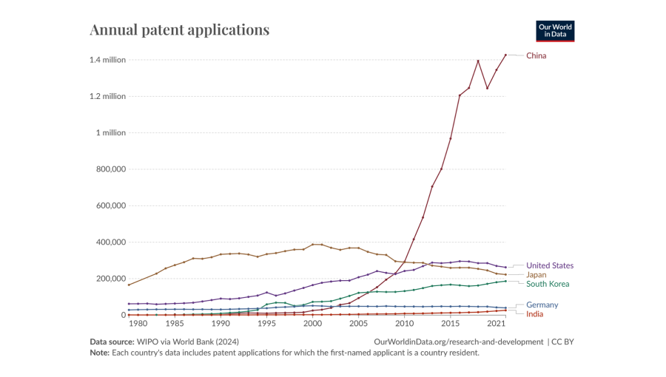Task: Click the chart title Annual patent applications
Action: pos(179,30)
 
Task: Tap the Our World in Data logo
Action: pos(555,30)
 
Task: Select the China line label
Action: pos(536,55)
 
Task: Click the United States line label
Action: pos(550,265)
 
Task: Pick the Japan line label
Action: pos(536,275)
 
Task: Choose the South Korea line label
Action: pos(548,284)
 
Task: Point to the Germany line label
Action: pos(542,305)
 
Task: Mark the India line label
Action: pos(536,314)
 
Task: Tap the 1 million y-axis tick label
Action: pos(111,133)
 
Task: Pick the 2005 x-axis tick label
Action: pos(359,324)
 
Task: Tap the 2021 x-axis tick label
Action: pos(497,324)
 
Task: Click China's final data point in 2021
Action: pos(505,55)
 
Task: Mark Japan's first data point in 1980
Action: pos(129,285)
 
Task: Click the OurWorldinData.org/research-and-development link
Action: pos(459,342)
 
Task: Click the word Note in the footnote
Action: pos(99,353)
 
